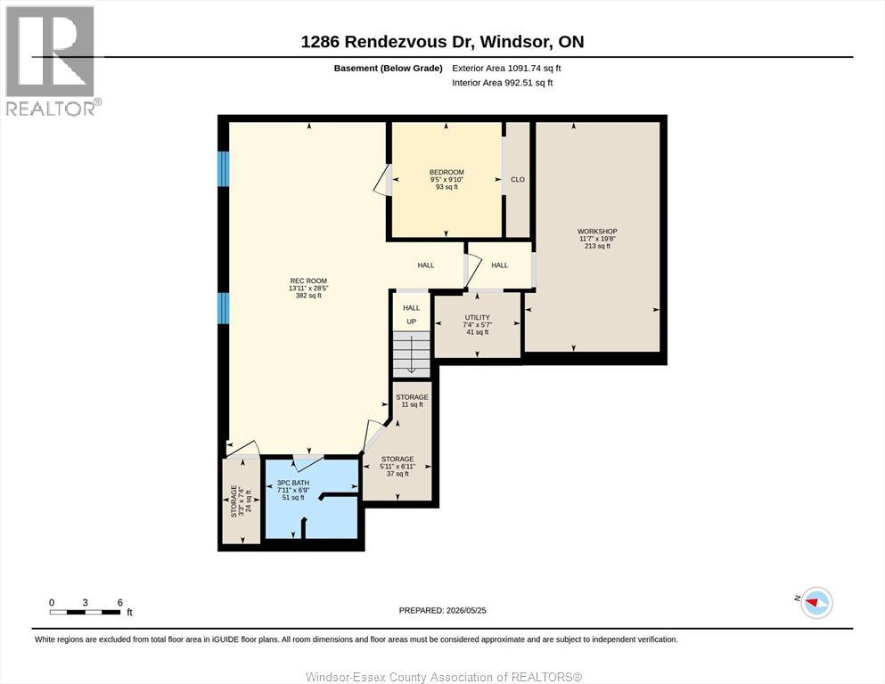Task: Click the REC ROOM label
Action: pos(308,281)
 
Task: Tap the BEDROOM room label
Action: pos(447,172)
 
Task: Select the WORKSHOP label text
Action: pos(597,232)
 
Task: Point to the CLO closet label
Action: pos(518,179)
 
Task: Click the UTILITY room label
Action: pos(478,317)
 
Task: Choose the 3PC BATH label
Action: pos(293,484)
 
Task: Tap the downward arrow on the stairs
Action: pos(412,354)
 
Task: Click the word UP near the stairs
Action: pos(412,322)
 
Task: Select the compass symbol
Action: pos(816,602)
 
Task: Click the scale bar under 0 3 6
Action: pos(86,612)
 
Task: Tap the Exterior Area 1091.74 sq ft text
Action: pos(506,69)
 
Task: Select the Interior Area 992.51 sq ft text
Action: pos(503,83)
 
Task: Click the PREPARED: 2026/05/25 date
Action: pos(442,610)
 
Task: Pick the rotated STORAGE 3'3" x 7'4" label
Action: pos(241,501)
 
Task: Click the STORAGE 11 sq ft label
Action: pos(412,401)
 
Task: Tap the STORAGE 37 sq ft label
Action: pos(397,467)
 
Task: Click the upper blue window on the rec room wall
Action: pos(224,168)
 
